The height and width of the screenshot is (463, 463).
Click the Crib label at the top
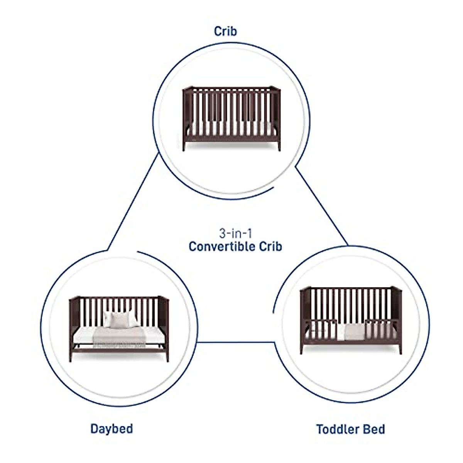(x=225, y=31)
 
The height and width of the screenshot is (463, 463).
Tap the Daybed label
(x=112, y=429)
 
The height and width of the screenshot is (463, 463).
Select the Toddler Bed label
(x=350, y=429)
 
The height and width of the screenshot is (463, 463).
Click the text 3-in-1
(x=235, y=233)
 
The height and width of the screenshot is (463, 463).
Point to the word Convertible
(x=225, y=247)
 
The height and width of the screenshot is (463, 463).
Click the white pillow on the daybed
(x=120, y=319)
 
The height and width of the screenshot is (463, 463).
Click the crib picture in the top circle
(x=231, y=118)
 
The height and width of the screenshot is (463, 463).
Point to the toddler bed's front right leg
(x=400, y=348)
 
